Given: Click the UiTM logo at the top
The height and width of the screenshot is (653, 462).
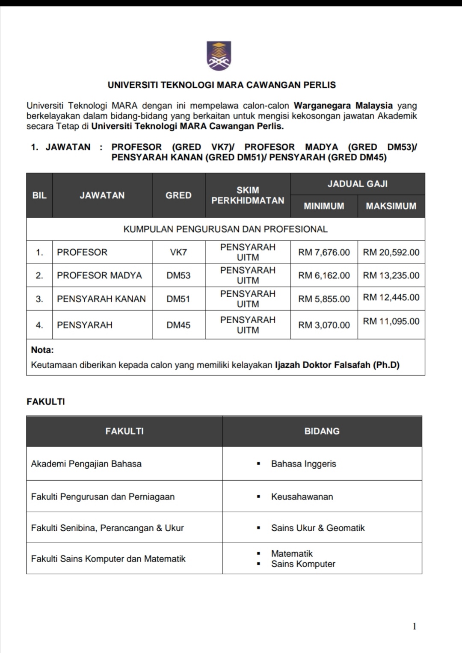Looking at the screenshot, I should click(x=219, y=56).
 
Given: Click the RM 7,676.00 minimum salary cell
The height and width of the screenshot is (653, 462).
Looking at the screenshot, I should click(x=324, y=252).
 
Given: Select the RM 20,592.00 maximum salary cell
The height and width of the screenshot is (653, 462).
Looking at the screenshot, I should click(x=391, y=252).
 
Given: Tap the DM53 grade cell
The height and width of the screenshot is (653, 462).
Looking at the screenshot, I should click(x=178, y=275).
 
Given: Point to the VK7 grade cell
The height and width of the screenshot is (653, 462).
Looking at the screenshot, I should click(x=178, y=252).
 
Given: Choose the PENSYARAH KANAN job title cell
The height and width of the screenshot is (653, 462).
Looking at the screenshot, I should click(x=101, y=299).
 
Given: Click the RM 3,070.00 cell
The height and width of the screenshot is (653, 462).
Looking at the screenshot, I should click(x=324, y=325).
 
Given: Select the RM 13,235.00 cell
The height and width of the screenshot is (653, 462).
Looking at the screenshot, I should click(x=391, y=275).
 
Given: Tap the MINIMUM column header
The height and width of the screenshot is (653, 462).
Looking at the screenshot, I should click(x=324, y=206).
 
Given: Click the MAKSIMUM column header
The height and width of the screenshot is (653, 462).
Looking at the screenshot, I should click(x=391, y=206).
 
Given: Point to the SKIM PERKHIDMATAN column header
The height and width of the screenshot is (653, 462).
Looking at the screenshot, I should click(x=248, y=195).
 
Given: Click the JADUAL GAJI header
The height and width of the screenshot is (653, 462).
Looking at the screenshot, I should click(x=358, y=184).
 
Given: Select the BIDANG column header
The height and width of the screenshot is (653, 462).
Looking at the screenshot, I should click(x=322, y=431).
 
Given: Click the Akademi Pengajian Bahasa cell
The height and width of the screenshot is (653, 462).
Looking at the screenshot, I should click(x=86, y=464).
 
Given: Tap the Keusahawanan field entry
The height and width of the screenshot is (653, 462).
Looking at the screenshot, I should click(x=302, y=497).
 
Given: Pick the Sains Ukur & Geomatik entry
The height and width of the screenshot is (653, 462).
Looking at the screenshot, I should click(x=318, y=528).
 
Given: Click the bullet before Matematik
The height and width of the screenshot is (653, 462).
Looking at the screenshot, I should click(x=258, y=554).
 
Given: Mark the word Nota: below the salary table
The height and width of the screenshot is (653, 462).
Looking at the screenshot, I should click(x=42, y=350).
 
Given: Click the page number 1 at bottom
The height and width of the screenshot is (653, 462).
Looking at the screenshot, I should click(x=414, y=626).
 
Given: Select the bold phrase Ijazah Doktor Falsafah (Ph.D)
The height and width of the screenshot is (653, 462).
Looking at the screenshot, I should click(x=337, y=365).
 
